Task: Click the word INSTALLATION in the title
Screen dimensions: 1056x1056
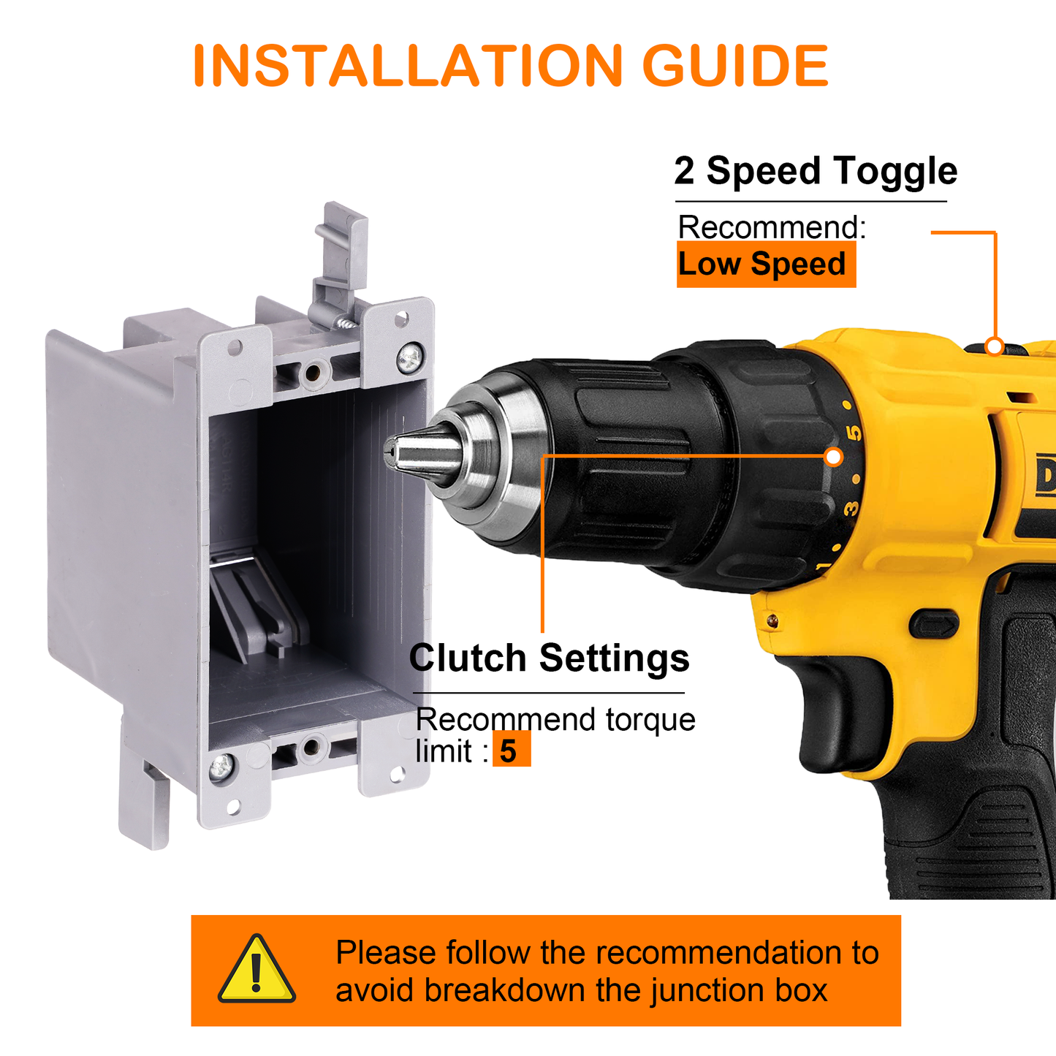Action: click(x=409, y=65)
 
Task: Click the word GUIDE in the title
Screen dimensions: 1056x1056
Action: click(x=735, y=65)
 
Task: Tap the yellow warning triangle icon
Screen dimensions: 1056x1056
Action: click(x=257, y=969)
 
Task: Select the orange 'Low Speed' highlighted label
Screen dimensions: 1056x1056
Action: click(x=766, y=264)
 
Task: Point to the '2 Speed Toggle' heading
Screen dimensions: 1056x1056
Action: click(x=816, y=171)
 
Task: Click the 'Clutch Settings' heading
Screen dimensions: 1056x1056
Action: click(x=549, y=658)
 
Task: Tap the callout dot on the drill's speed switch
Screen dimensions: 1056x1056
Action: click(x=994, y=346)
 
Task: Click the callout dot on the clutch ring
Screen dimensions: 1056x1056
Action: click(x=834, y=457)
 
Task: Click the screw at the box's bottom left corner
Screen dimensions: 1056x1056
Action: click(x=222, y=766)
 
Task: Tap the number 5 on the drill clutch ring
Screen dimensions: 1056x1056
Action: click(x=854, y=433)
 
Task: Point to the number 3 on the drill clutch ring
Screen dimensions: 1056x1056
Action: click(x=850, y=508)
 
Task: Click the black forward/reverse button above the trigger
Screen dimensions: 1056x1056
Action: click(x=934, y=624)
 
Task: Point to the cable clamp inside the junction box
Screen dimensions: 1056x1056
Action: click(x=257, y=608)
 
